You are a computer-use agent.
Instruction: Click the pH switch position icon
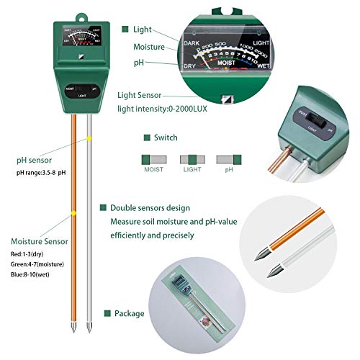tap(228, 158)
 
